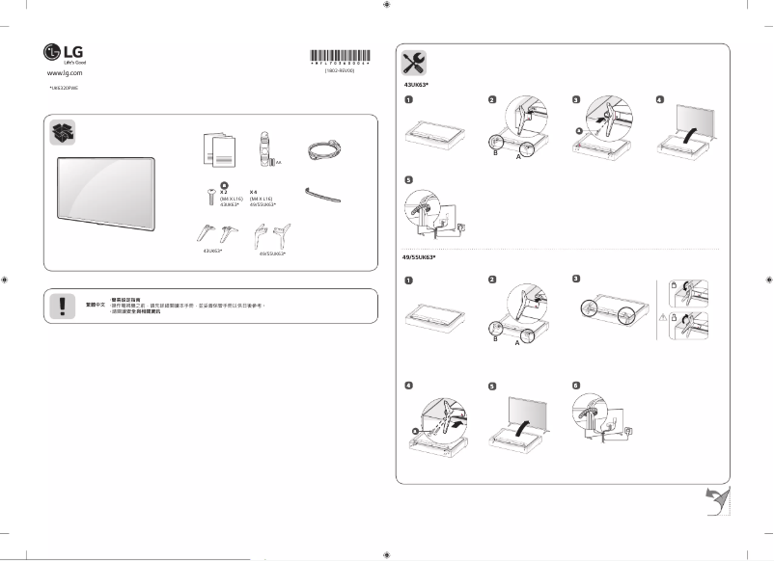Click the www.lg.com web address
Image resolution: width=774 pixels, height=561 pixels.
click(x=64, y=72)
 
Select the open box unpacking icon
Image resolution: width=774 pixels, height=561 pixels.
click(x=64, y=134)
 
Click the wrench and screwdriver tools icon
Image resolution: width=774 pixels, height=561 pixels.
click(x=414, y=64)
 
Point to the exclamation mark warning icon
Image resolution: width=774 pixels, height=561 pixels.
click(x=63, y=305)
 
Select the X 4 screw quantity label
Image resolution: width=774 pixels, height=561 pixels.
click(x=254, y=192)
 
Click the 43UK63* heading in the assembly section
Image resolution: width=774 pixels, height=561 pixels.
click(x=416, y=86)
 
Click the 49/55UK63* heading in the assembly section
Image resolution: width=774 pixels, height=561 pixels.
click(x=420, y=258)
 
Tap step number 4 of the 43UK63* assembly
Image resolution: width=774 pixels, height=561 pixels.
click(x=660, y=99)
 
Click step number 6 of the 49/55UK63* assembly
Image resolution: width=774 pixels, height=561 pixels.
click(x=576, y=385)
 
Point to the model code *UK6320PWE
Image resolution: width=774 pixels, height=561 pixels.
click(x=63, y=88)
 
